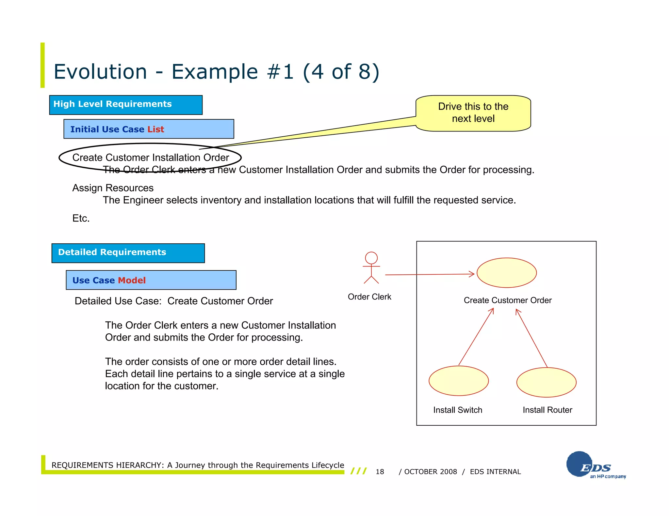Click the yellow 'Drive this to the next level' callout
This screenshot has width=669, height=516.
[473, 113]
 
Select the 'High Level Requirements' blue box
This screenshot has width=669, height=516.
[126, 105]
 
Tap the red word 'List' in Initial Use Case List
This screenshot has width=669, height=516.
[155, 129]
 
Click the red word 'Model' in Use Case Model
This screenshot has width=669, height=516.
[132, 280]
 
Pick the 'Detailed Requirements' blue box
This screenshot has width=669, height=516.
[128, 253]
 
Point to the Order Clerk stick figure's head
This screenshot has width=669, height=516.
[371, 258]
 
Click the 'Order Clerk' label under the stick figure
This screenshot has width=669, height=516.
[369, 297]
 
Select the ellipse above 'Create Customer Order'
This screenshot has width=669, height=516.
[506, 273]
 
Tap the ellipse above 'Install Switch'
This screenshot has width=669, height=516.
[458, 381]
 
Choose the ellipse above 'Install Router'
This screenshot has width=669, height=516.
[546, 382]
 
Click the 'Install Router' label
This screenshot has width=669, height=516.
[547, 410]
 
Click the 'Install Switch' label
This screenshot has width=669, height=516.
[457, 410]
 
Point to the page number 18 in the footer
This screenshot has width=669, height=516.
[380, 472]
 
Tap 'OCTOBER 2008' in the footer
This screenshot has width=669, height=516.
[430, 472]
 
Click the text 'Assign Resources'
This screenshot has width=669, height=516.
[113, 188]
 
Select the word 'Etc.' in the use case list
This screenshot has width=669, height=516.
[81, 218]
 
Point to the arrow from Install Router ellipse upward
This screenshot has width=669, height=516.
[532, 338]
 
